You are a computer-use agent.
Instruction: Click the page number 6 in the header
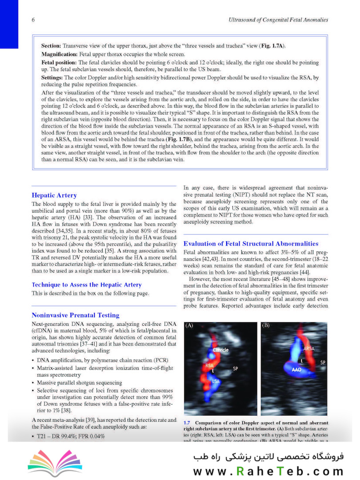33,20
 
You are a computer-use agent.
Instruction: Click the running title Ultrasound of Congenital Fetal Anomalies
278,20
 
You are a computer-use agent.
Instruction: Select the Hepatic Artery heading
54,195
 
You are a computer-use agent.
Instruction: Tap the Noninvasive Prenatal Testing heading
76,315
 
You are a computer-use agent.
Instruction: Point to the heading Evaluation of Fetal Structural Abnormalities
251,244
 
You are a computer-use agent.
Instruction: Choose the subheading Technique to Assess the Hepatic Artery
87,284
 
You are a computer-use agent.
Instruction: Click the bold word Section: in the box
51,46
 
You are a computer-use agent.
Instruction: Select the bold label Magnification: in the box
60,53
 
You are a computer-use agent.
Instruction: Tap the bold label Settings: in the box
52,77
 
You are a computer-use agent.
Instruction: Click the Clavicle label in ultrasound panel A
220,350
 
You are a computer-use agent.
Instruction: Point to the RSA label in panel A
209,365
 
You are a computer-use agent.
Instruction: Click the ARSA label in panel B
309,348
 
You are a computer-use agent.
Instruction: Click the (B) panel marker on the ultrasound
266,326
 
